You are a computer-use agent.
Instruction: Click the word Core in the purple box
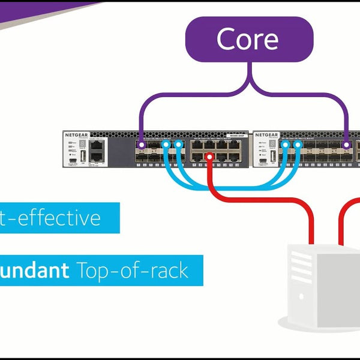(x=247, y=39)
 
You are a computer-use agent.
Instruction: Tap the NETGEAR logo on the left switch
(x=76, y=135)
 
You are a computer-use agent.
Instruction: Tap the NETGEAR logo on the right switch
(x=267, y=135)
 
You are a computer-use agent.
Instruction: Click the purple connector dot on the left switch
(x=140, y=145)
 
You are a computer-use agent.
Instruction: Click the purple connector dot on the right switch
(x=347, y=145)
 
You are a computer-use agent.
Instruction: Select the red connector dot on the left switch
(x=209, y=157)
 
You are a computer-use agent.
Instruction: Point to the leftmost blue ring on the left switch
(x=167, y=145)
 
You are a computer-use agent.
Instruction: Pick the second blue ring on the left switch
(x=178, y=145)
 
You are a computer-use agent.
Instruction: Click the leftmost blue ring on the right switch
(x=284, y=145)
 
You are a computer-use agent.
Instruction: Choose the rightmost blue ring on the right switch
(x=295, y=145)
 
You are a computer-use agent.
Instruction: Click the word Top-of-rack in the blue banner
(x=133, y=270)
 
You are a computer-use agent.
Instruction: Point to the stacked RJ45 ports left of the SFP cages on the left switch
(x=97, y=151)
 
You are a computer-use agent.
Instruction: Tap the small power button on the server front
(x=302, y=296)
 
